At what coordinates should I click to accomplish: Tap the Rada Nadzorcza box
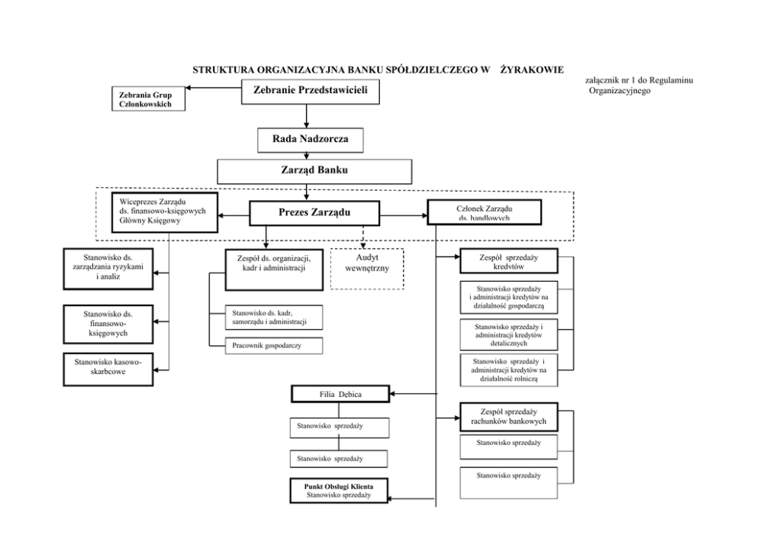point(310,140)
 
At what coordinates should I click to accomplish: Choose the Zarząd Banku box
point(314,170)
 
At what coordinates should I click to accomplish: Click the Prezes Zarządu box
point(314,212)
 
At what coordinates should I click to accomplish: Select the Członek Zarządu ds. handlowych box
point(484,212)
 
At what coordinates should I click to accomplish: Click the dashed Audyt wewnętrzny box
point(366,269)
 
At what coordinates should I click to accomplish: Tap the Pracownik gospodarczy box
point(273,346)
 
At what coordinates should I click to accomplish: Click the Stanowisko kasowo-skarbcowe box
point(108,368)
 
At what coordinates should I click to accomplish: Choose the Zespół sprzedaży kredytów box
point(508,262)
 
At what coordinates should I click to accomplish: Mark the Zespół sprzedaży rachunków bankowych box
point(508,417)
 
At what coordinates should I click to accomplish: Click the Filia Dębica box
point(340,395)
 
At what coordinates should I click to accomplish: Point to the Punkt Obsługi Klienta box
point(338,490)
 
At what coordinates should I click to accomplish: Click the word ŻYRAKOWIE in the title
point(531,69)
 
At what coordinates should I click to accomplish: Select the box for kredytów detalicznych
point(508,334)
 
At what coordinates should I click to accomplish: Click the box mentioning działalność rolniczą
point(508,370)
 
